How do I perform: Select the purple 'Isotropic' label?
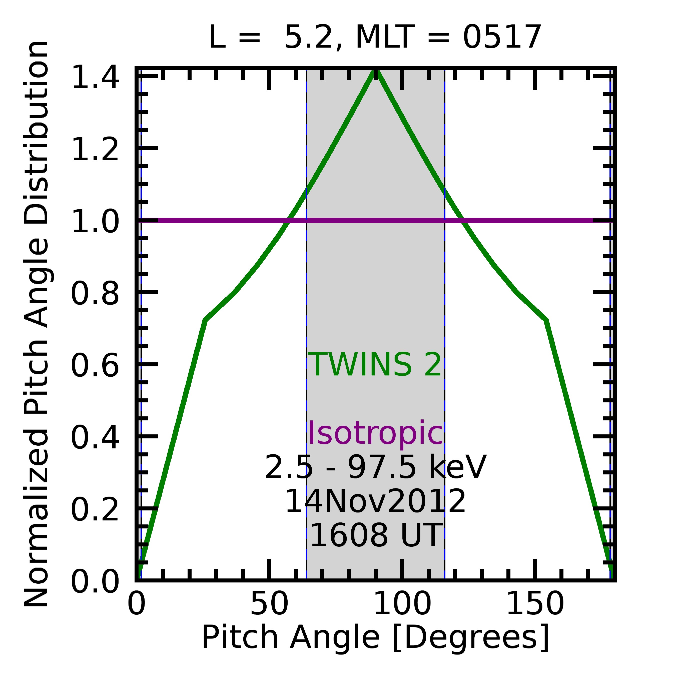point(375,433)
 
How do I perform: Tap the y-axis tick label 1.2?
point(95,150)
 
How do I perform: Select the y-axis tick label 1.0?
point(95,222)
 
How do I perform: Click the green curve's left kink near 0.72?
point(205,320)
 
